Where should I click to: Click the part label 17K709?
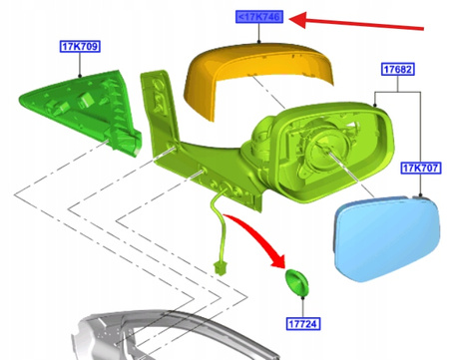coord(80,46)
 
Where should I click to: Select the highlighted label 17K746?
coord(259,17)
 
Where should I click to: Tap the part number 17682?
coord(397,69)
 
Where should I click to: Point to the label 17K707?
coord(420,168)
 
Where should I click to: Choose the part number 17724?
coord(303,323)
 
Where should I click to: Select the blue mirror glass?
coord(386,237)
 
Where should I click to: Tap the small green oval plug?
coord(297,282)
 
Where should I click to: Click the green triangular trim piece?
coord(83,110)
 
